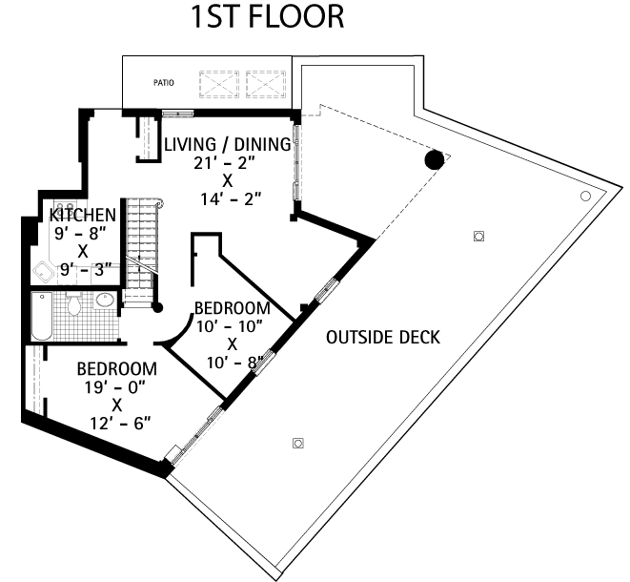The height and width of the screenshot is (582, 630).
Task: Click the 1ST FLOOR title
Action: [x=266, y=17]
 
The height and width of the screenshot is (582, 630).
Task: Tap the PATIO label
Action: [x=163, y=83]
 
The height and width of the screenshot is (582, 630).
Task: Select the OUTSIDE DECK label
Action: [x=382, y=337]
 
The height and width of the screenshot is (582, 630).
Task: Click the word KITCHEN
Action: [x=83, y=216]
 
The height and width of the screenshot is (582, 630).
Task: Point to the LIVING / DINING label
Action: [x=227, y=145]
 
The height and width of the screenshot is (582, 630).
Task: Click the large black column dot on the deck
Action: [x=434, y=159]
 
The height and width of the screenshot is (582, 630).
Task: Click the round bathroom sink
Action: [x=105, y=301]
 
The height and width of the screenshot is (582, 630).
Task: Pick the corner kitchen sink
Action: [x=44, y=272]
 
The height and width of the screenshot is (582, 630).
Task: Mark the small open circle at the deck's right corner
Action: [x=585, y=196]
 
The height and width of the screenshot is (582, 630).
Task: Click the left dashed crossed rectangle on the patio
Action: [x=218, y=83]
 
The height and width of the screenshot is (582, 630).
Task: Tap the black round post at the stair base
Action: [x=157, y=307]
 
